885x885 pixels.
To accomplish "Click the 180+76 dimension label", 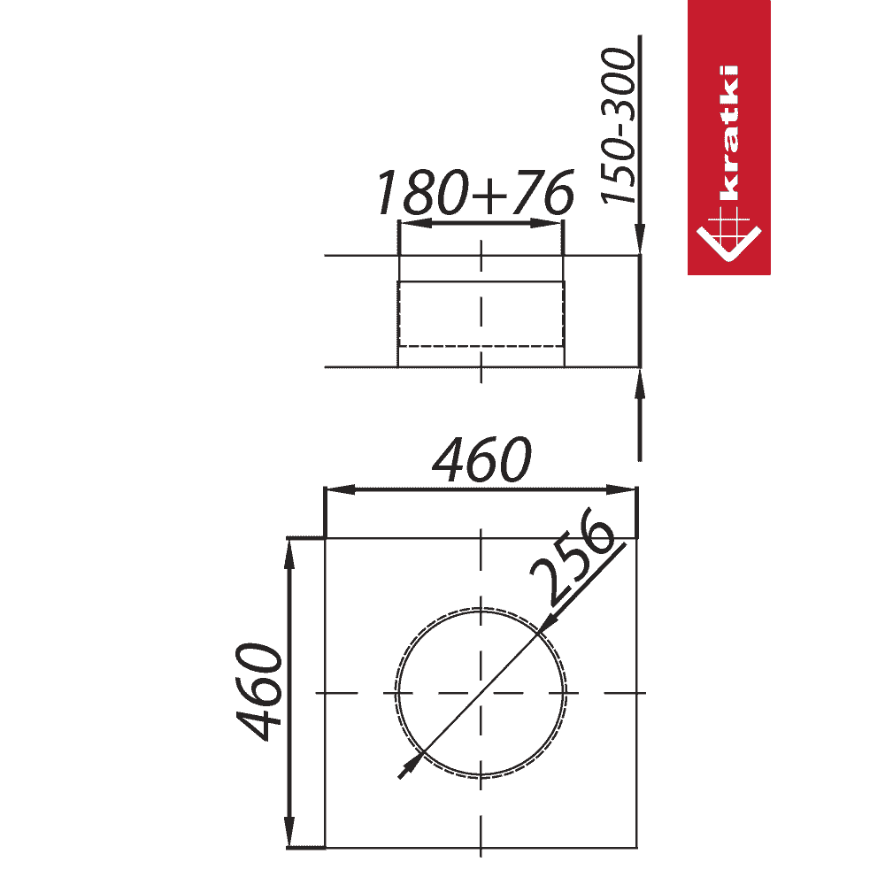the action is pyautogui.click(x=475, y=192).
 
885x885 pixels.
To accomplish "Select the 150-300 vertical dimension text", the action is pyautogui.click(x=618, y=126).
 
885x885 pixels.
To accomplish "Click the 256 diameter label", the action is pyautogui.click(x=572, y=556).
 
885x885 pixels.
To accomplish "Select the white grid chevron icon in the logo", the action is pyautogui.click(x=728, y=234).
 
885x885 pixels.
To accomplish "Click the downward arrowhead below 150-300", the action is pyautogui.click(x=640, y=239).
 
